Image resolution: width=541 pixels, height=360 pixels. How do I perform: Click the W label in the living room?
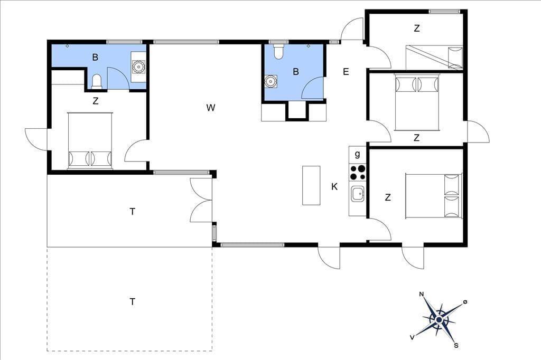pyautogui.click(x=210, y=108)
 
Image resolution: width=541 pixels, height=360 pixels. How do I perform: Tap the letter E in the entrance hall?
pyautogui.click(x=346, y=71)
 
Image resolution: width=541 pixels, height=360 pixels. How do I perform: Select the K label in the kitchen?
pyautogui.click(x=334, y=186)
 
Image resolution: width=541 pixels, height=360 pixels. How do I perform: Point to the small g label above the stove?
pyautogui.click(x=358, y=154)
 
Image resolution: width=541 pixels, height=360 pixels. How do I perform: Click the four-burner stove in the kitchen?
pyautogui.click(x=358, y=173)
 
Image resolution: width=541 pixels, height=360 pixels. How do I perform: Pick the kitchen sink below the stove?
pyautogui.click(x=358, y=194)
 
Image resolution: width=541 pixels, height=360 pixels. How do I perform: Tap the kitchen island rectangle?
pyautogui.click(x=311, y=185)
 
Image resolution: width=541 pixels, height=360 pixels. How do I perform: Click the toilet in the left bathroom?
pyautogui.click(x=97, y=82)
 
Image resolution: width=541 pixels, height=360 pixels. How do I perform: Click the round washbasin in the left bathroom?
pyautogui.click(x=138, y=67)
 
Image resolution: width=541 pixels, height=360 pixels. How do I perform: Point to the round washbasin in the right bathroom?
pyautogui.click(x=271, y=81)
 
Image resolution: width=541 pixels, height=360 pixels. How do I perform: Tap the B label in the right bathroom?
pyautogui.click(x=296, y=71)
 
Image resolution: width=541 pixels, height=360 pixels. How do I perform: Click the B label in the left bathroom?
pyautogui.click(x=95, y=57)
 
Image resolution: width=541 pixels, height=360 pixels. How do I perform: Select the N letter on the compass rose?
pyautogui.click(x=421, y=294)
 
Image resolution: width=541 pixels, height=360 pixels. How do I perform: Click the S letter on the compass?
pyautogui.click(x=456, y=345)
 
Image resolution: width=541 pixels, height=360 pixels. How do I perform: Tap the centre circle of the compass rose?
pyautogui.click(x=439, y=320)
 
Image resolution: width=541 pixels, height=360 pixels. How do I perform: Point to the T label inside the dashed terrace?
pyautogui.click(x=133, y=302)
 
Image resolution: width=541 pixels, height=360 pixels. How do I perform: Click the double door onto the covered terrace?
pyautogui.click(x=201, y=200)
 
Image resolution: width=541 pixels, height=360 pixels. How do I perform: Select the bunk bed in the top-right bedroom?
pyautogui.click(x=434, y=57)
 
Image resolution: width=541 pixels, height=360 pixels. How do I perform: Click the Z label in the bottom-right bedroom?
pyautogui.click(x=388, y=197)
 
